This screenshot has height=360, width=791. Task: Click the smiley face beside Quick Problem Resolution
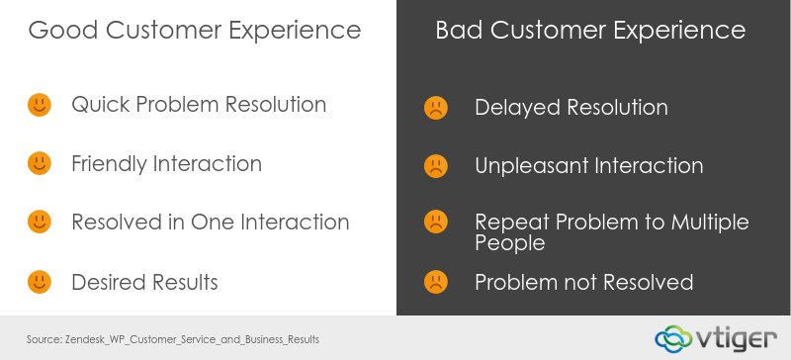[39, 104]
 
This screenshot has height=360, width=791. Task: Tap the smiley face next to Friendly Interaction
[39, 163]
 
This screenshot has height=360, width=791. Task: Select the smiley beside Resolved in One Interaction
[39, 223]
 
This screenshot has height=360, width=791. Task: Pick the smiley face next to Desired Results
[39, 282]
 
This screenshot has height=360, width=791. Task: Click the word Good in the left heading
[58, 31]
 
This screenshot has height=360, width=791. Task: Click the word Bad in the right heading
[460, 31]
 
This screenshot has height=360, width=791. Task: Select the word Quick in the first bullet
[100, 104]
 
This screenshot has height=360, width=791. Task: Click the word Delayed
[517, 107]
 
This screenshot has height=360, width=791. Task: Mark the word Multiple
[705, 222]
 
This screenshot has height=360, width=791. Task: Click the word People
[510, 243]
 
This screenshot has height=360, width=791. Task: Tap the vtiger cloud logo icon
[676, 337]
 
